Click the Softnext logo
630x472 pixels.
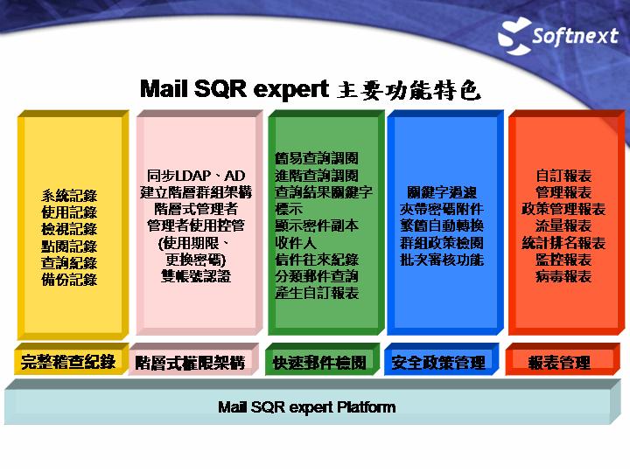(x=558, y=36)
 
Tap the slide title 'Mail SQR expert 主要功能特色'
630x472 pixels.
(x=310, y=89)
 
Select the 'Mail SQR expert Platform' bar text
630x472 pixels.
(x=307, y=407)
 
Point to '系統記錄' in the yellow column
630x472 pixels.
(x=69, y=196)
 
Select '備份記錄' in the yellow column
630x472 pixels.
(x=69, y=280)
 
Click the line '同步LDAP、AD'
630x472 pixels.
(x=196, y=176)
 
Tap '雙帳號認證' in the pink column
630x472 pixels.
(x=196, y=276)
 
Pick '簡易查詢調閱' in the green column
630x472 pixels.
(x=317, y=158)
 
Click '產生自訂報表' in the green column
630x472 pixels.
(x=317, y=293)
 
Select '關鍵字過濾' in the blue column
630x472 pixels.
(x=442, y=192)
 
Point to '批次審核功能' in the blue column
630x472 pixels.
(x=442, y=260)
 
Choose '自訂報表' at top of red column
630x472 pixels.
(x=563, y=176)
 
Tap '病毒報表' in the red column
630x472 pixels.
(x=563, y=276)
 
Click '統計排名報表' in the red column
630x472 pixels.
(x=563, y=243)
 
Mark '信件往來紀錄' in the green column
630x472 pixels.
(x=317, y=260)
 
